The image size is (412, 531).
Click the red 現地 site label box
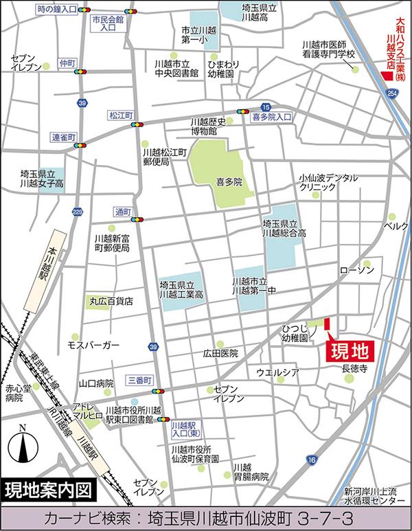348,351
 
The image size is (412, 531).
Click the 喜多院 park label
229,183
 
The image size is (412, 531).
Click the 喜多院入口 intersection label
272,117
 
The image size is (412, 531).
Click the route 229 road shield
78,212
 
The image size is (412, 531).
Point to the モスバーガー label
93,343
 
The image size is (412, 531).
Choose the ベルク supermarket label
396,225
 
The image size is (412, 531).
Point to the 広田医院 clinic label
220,353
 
